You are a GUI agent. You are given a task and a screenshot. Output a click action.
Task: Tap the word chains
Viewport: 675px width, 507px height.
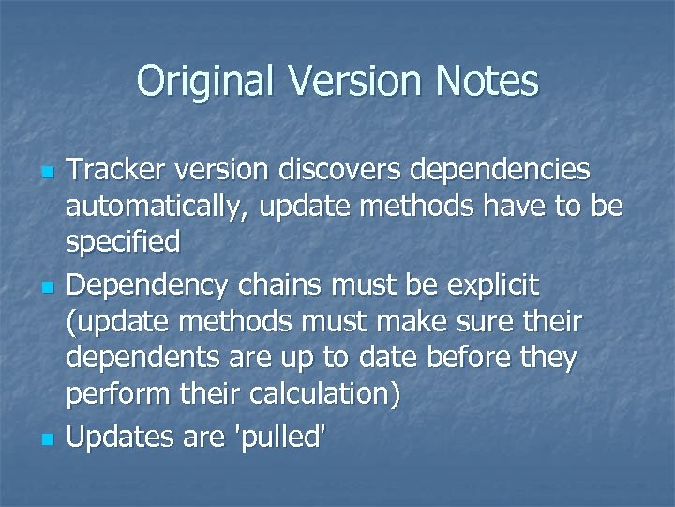pos(283,283)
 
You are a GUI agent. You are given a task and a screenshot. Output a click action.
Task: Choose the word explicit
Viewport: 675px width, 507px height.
pos(493,283)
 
